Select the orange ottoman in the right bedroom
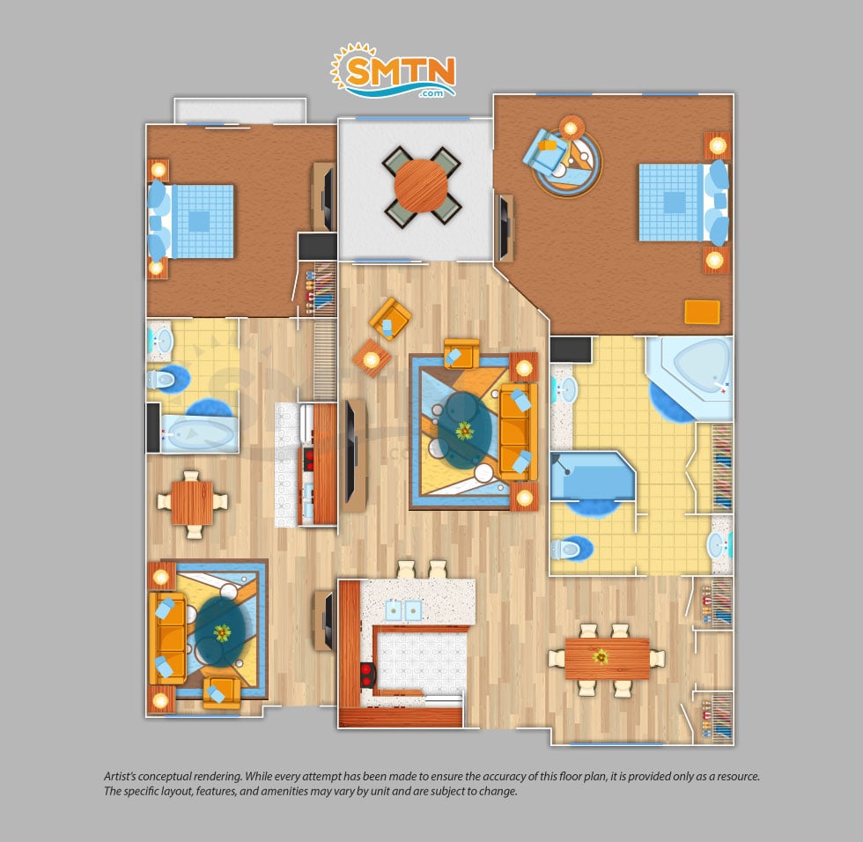[702, 312]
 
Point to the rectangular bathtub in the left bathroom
[199, 435]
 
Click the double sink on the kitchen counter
[403, 609]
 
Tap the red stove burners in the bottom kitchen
[366, 676]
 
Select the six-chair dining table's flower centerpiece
[601, 655]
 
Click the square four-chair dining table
[192, 503]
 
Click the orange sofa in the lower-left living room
[167, 639]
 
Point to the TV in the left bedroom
[328, 198]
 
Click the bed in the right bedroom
[683, 203]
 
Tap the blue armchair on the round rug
[544, 151]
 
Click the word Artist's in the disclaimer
[120, 777]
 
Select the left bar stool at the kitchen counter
[406, 570]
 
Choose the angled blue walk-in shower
[593, 476]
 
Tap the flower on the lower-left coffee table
[222, 633]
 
